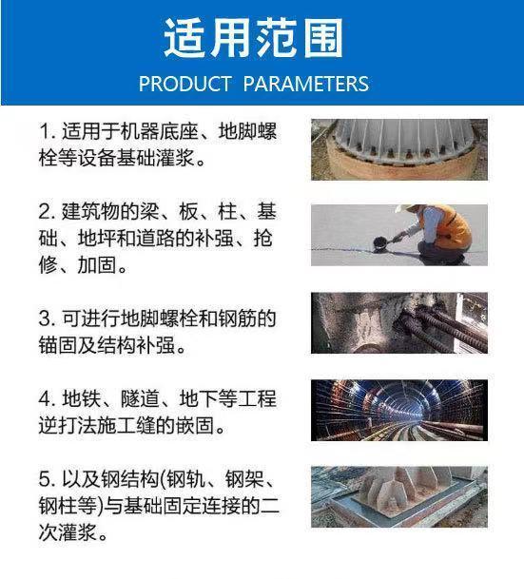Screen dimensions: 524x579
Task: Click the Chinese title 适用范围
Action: pyautogui.click(x=253, y=38)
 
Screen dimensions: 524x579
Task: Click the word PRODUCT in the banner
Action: pyautogui.click(x=185, y=84)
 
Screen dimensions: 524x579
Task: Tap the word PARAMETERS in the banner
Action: pyautogui.click(x=306, y=84)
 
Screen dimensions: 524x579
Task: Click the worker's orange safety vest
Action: pyautogui.click(x=454, y=225)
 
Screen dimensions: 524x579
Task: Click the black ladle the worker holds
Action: pyautogui.click(x=381, y=243)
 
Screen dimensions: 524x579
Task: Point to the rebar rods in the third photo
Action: pyautogui.click(x=443, y=330)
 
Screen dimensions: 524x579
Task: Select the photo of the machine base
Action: pyautogui.click(x=399, y=149)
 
